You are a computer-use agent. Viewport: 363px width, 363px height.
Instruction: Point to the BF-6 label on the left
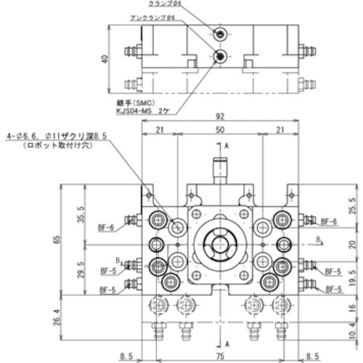(x=106, y=227)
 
